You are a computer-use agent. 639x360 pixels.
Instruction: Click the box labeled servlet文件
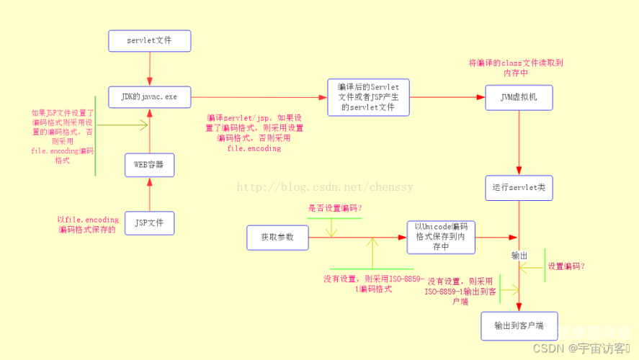click(x=150, y=40)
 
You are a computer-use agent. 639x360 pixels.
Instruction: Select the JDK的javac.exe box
click(x=150, y=96)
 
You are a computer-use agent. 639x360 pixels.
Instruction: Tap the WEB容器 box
click(x=149, y=165)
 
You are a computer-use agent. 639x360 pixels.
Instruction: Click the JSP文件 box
click(x=149, y=222)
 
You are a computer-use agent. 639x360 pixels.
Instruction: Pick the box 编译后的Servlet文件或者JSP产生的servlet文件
click(x=367, y=97)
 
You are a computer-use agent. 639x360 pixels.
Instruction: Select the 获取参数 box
click(x=277, y=236)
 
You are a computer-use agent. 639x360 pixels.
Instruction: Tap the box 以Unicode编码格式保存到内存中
click(x=440, y=236)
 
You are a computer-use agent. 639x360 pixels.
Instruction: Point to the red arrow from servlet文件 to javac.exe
click(x=150, y=68)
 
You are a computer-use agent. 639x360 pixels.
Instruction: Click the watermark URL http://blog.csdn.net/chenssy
click(x=325, y=187)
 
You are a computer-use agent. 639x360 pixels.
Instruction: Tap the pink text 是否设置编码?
click(x=335, y=208)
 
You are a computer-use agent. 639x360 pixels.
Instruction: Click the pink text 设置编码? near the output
click(x=566, y=266)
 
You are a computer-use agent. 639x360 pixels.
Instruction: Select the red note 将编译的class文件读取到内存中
click(x=517, y=68)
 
